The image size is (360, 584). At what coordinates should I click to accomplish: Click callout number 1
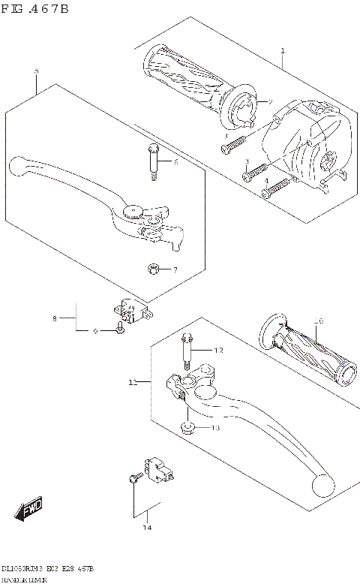pos(282,51)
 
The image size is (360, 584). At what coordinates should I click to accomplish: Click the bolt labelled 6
pos(153,161)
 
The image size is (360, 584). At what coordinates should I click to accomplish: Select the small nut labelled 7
pos(153,269)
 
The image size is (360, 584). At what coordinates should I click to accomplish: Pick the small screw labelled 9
pos(119,329)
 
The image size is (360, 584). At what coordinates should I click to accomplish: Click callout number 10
pos(319,322)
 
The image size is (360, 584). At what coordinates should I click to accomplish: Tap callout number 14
pos(147,528)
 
